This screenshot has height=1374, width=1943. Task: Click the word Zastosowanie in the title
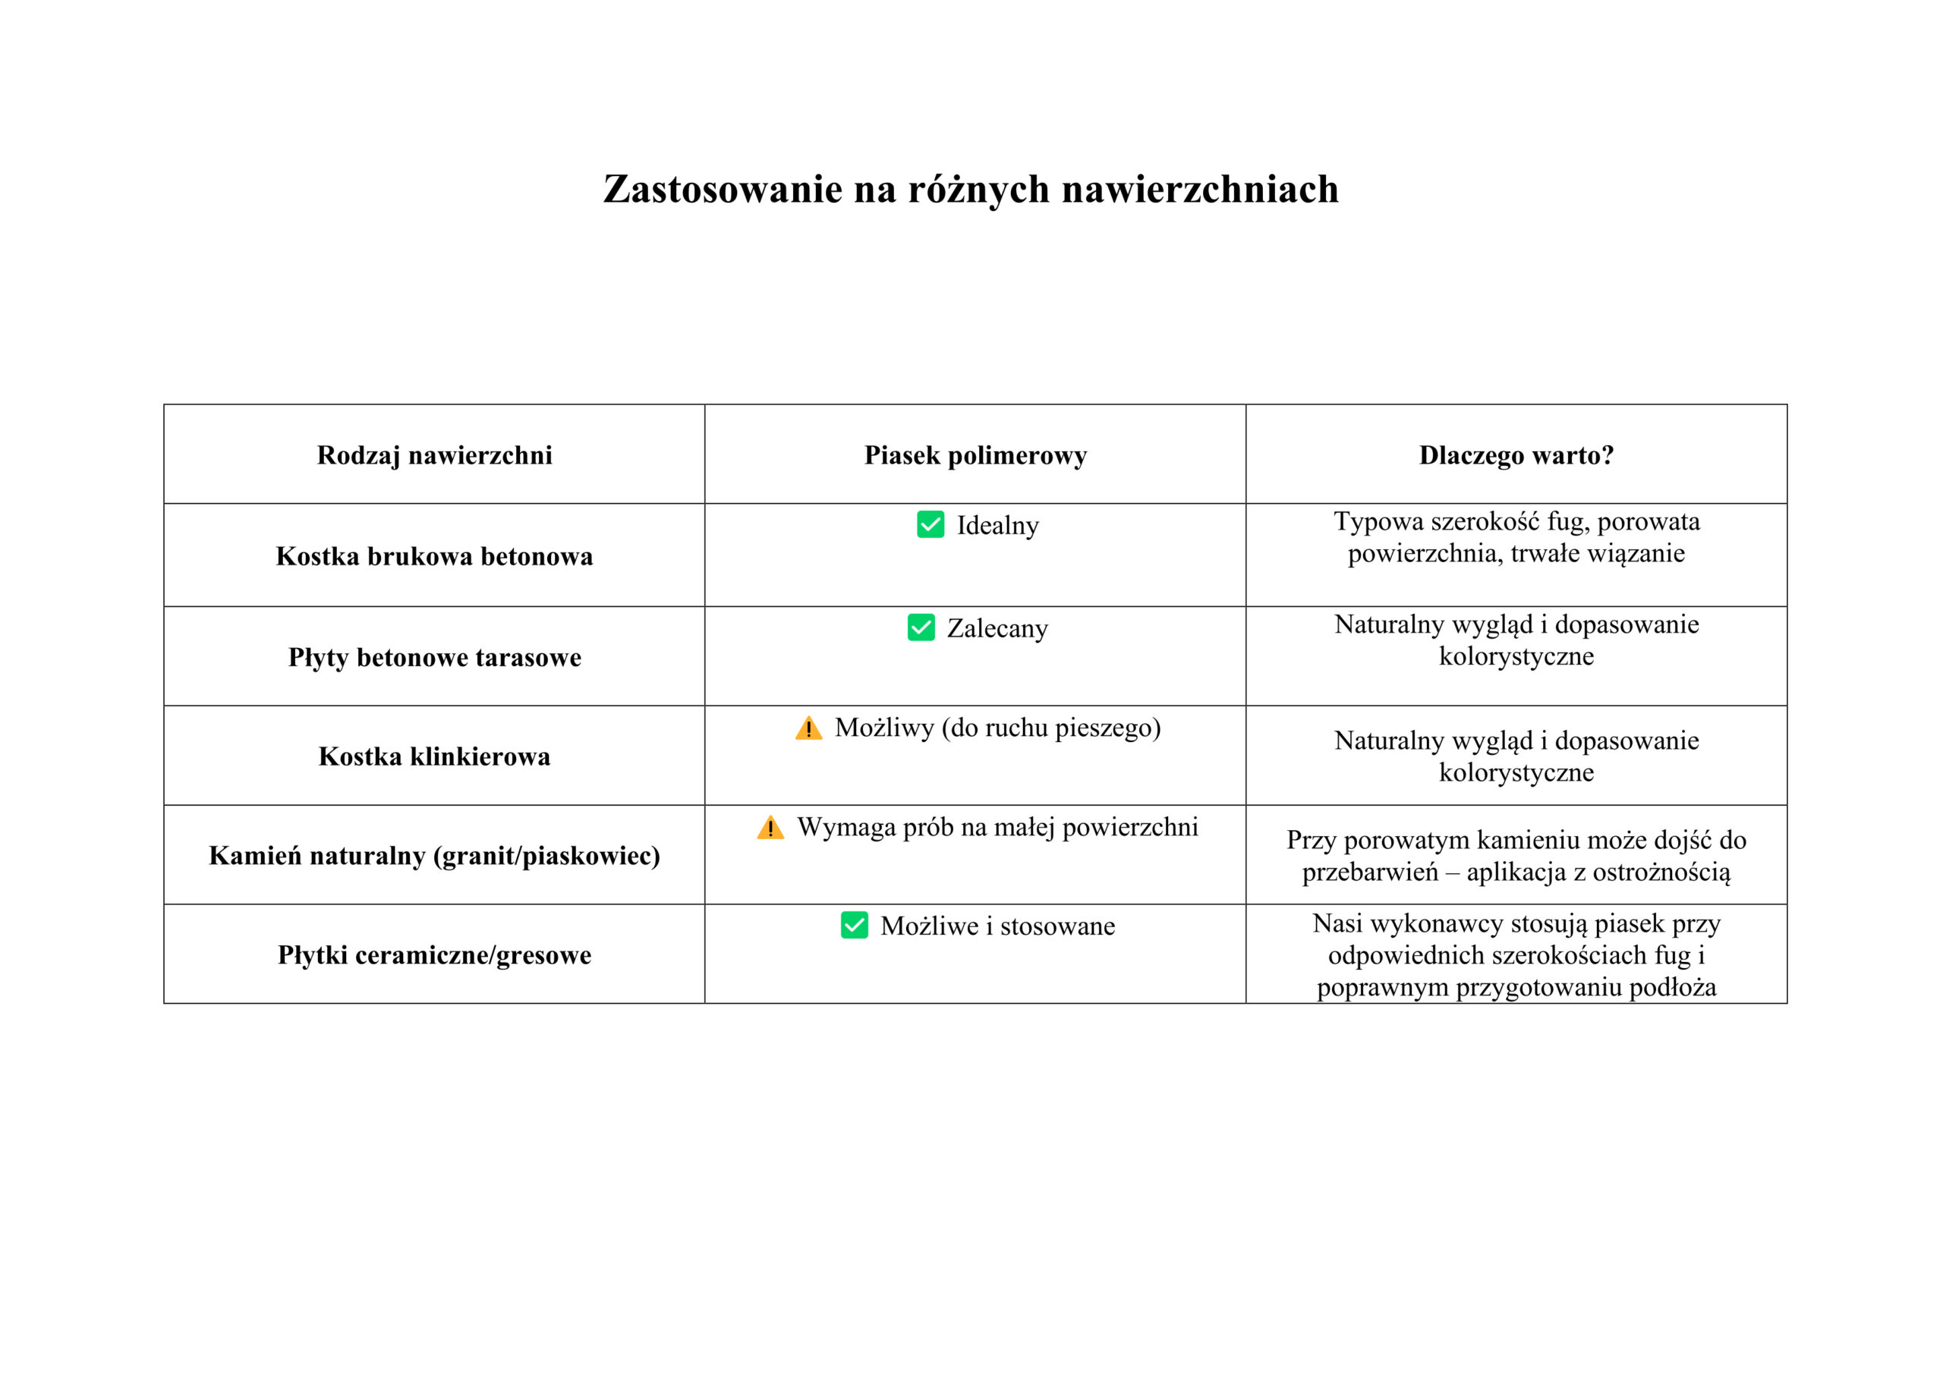point(722,189)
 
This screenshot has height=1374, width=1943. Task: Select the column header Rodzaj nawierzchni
point(434,455)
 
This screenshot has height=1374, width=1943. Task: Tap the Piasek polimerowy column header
point(975,455)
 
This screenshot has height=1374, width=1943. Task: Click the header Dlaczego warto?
point(1516,455)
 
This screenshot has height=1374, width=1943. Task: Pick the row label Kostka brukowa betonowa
point(434,556)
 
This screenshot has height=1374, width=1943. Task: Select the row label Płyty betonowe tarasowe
point(434,656)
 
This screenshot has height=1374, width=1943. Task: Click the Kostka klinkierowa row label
point(434,756)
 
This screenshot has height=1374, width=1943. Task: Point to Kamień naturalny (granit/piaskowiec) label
point(434,855)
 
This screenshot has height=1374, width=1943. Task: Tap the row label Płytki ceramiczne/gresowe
point(434,954)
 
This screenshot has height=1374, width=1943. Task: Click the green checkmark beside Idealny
point(930,524)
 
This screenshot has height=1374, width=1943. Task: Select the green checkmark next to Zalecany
point(921,627)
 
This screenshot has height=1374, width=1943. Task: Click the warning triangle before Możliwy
point(808,728)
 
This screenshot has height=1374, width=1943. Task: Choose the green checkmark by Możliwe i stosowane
point(854,925)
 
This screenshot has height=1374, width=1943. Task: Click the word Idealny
point(998,526)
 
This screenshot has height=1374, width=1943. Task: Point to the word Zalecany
point(997,629)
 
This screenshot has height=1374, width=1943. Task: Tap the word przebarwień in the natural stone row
point(1369,872)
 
